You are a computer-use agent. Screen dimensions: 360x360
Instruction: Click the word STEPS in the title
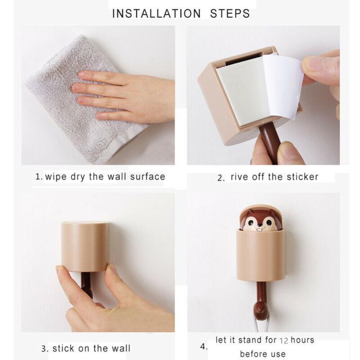coord(230,13)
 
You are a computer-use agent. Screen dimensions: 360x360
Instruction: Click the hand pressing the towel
coord(126,92)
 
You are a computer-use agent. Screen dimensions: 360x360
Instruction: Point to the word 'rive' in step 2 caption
coord(240,176)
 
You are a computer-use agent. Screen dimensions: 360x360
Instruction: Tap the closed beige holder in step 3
coord(85,245)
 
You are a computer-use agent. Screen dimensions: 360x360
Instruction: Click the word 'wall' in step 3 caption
coord(119,348)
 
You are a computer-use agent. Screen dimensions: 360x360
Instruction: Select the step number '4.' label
coord(203,347)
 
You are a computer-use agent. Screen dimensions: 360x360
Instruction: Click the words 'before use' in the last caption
coord(263,354)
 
